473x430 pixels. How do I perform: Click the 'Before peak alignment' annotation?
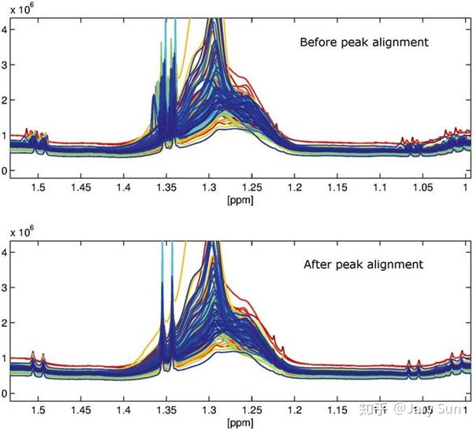tap(364, 42)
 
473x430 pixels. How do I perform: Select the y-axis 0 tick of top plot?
tap(5, 171)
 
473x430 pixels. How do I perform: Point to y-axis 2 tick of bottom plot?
tap(5, 323)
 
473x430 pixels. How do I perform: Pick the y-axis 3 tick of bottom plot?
tap(5, 288)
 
